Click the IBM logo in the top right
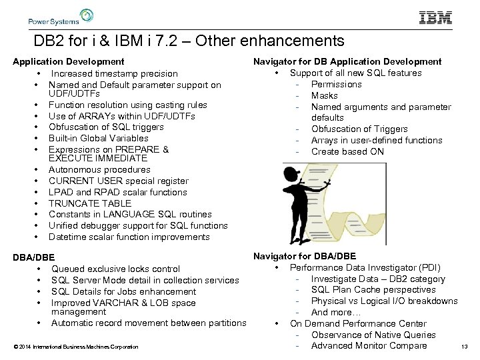[x=435, y=18]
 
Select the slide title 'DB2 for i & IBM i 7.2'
[x=189, y=42]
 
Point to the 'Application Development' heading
[x=69, y=62]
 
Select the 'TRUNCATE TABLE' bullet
[x=90, y=203]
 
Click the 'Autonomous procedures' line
[x=99, y=169]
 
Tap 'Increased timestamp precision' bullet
[x=114, y=73]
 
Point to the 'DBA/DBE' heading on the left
[x=33, y=257]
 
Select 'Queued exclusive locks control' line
[x=115, y=269]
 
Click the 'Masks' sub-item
[x=324, y=95]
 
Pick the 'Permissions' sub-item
[x=336, y=84]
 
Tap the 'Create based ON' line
[x=347, y=151]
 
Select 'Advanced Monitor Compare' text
[x=369, y=345]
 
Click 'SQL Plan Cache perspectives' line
[x=373, y=289]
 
